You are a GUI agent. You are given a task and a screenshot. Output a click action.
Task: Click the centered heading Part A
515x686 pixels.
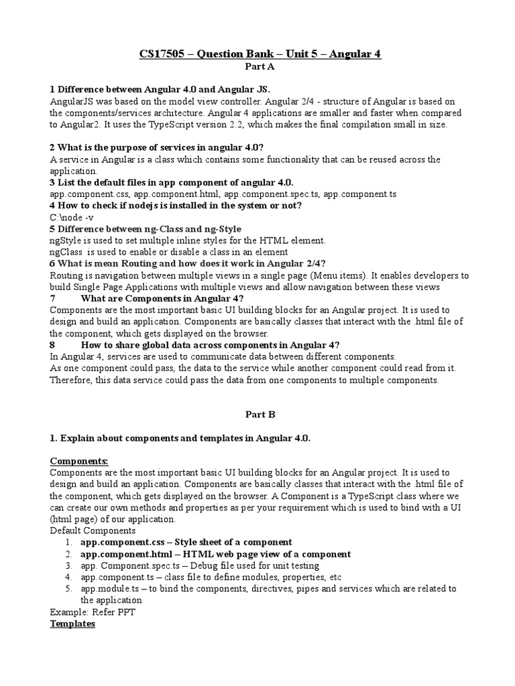pyautogui.click(x=257, y=67)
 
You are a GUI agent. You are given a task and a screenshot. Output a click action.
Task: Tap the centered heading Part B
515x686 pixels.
pyautogui.click(x=257, y=415)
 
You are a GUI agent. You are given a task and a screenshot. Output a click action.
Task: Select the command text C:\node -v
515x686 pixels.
pyautogui.click(x=72, y=218)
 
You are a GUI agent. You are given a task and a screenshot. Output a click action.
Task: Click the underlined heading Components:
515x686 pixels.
pyautogui.click(x=78, y=462)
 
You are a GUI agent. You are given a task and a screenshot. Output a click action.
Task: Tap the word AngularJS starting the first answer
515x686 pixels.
pyautogui.click(x=72, y=101)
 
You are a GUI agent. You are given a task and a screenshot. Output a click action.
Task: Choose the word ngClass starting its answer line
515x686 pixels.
pyautogui.click(x=66, y=252)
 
